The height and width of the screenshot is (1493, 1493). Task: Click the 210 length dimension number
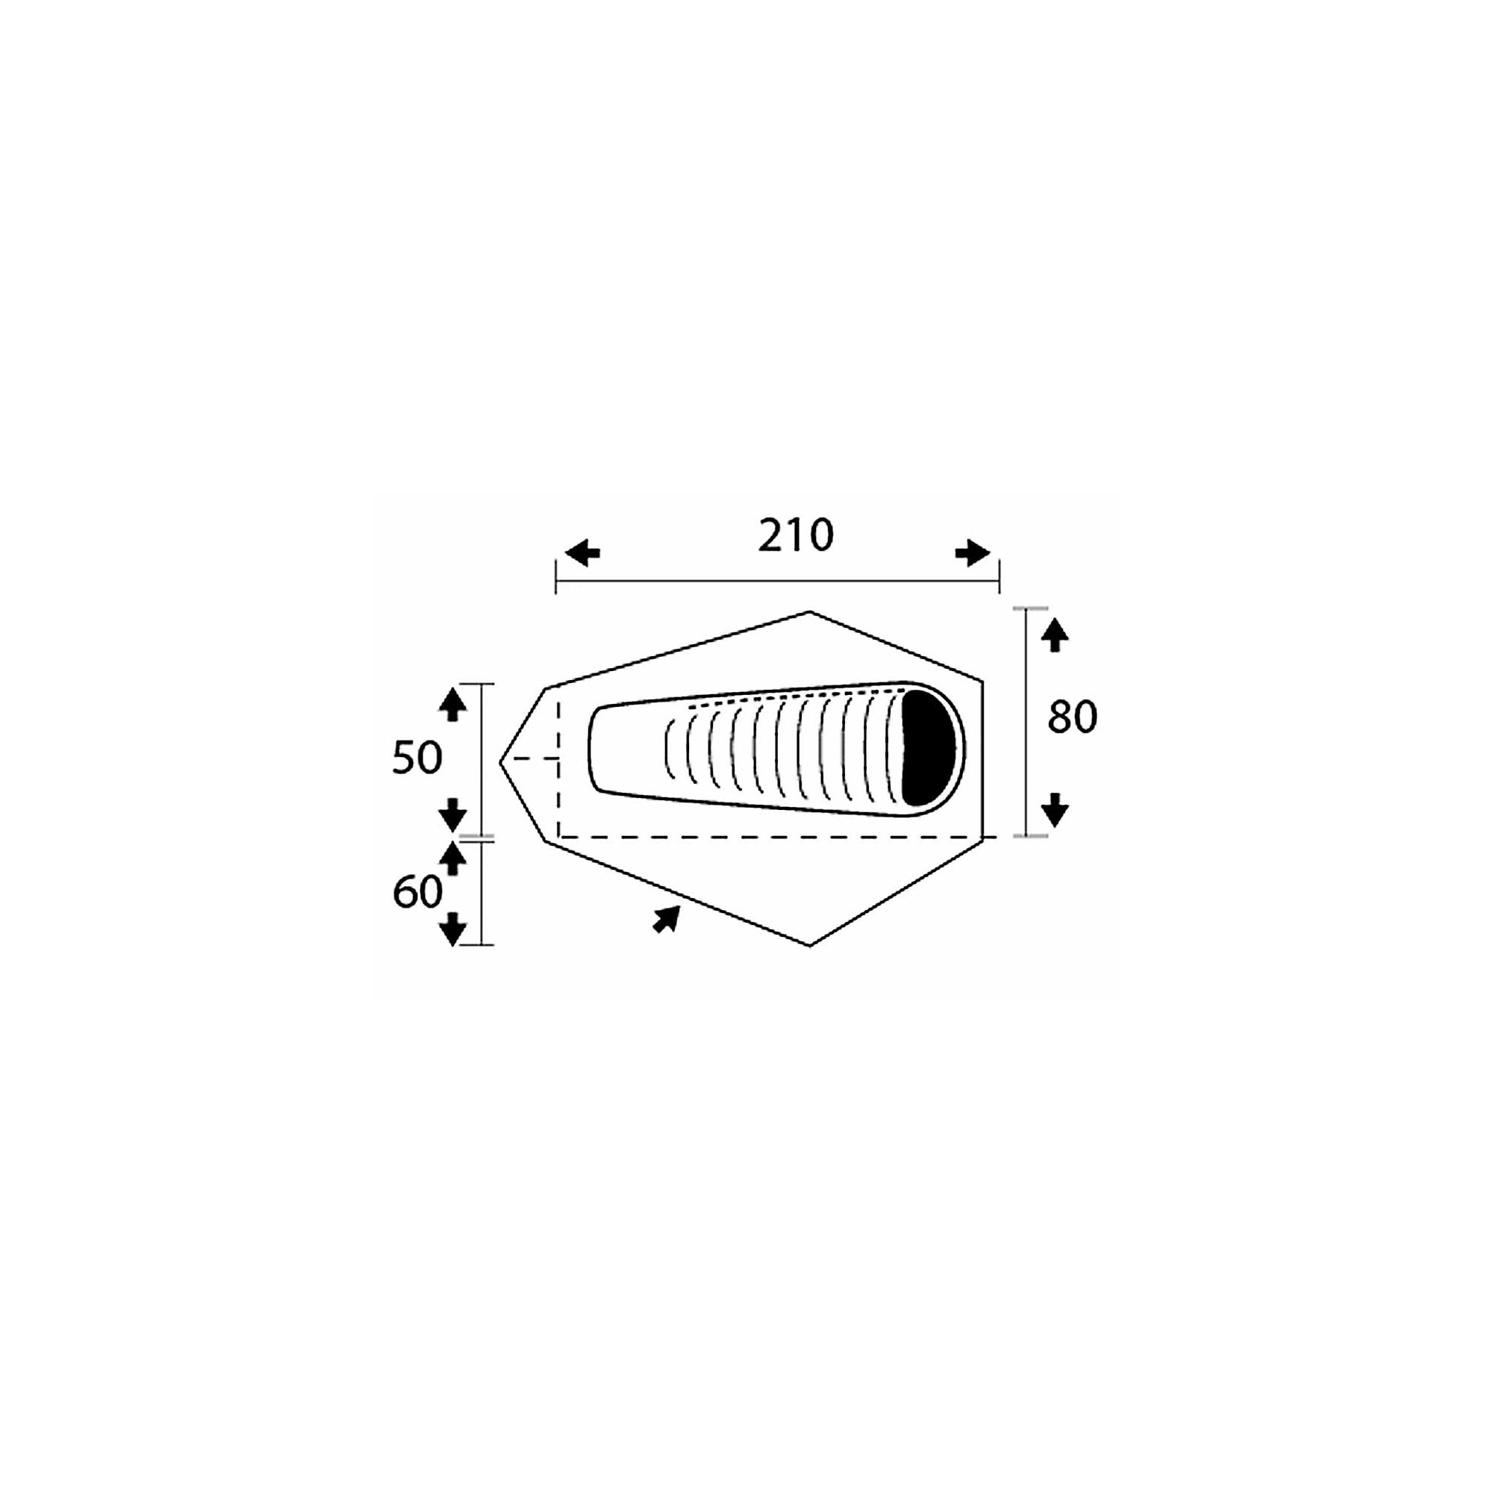point(795,535)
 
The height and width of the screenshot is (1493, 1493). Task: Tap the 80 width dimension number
point(1073,717)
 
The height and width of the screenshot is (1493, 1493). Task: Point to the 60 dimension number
point(417,893)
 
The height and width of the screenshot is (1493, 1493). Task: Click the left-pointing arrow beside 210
point(583,553)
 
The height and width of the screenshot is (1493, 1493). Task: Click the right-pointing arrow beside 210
point(973,553)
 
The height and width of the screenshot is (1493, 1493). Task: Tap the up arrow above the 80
point(1055,636)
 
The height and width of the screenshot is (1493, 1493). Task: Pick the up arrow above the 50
point(453,705)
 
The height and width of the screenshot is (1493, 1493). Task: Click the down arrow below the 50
point(453,814)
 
